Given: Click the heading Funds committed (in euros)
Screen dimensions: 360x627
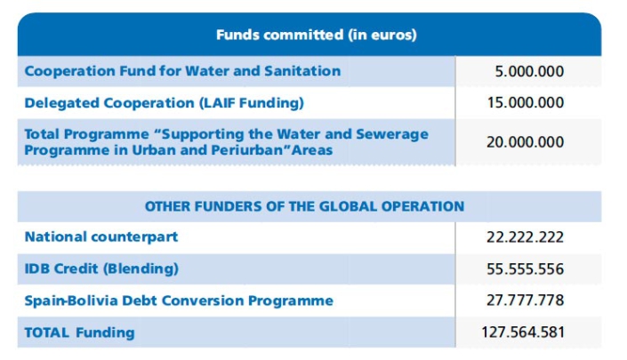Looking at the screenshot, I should coord(316,36).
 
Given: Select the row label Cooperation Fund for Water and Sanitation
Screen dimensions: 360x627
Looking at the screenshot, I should coord(182,71).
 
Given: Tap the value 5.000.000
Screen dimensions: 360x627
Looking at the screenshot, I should coord(530,72).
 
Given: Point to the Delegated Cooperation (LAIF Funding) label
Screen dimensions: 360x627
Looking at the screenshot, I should coord(164,103).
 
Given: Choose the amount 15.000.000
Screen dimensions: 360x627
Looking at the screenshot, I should coord(526,103).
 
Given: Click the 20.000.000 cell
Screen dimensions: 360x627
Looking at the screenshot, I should coord(526,142).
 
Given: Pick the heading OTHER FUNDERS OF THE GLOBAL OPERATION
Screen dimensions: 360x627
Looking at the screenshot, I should coord(304,206).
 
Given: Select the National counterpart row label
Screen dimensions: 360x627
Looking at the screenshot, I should coord(101,237).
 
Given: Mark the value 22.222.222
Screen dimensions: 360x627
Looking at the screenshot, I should coord(526,237).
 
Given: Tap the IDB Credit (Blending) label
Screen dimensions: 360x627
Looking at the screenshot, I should coord(101,268).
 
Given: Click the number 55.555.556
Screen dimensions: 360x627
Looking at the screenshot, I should coord(526,268).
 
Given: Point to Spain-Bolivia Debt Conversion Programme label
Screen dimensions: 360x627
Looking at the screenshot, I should coord(179,300).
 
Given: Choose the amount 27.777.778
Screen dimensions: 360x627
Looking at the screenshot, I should coord(526,300).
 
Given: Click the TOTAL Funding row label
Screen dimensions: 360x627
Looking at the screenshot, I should coord(79,332).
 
